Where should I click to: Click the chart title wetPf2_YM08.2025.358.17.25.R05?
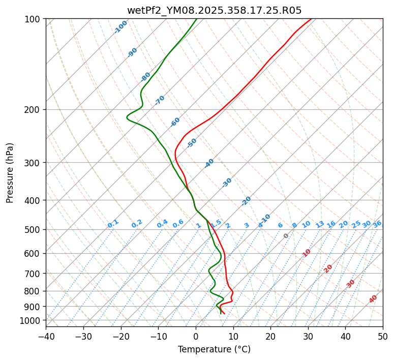tap(214, 10)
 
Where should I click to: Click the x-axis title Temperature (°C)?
tap(214, 350)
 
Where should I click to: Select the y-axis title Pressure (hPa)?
tap(10, 173)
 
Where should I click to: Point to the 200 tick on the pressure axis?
tap(34, 109)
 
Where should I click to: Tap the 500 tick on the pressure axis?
tap(34, 229)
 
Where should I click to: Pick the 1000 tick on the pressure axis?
tap(32, 320)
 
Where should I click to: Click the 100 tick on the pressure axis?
tap(34, 19)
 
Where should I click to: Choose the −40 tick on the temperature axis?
tap(46, 336)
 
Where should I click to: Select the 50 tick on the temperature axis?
tap(383, 336)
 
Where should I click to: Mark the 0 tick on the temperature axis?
tap(196, 336)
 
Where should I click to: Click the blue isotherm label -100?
tap(120, 27)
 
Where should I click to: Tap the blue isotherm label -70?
tap(160, 100)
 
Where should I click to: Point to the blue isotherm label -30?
tap(227, 183)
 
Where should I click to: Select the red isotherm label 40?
tap(373, 299)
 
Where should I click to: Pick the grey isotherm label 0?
tap(286, 236)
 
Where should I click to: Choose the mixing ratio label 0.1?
tap(113, 224)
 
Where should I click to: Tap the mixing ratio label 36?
tap(377, 224)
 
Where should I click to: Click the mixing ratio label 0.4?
tap(162, 224)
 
